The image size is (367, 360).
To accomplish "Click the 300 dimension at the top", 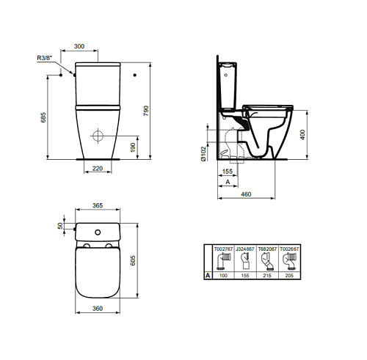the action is (79, 46).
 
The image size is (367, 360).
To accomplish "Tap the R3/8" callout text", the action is (45, 58).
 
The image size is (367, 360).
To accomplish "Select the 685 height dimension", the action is (43, 117).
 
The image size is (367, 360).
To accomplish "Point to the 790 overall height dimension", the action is (146, 111).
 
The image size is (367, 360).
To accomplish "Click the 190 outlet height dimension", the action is (133, 147).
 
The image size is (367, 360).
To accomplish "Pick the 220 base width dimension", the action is (98, 169).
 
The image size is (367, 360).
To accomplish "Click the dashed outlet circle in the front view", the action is (98, 136).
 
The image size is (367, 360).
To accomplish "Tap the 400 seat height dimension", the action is (302, 135).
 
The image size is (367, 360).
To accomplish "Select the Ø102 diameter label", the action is (203, 154).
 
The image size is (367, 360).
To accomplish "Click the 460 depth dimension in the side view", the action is (246, 194).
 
